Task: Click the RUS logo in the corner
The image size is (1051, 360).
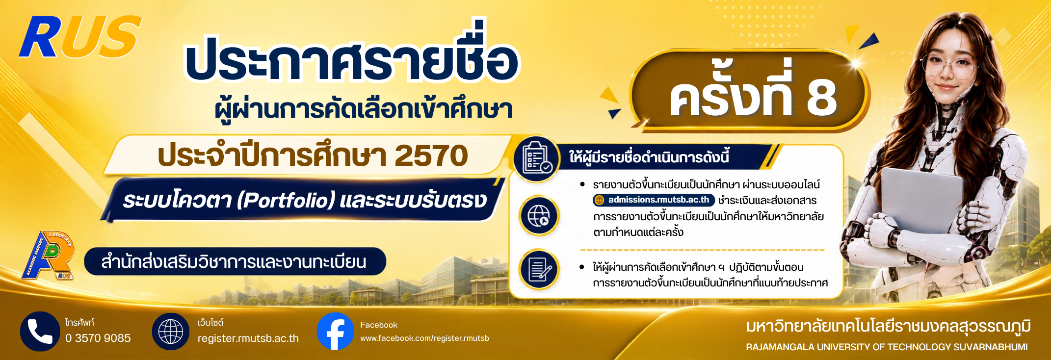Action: (80, 37)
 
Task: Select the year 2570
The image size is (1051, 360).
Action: (431, 155)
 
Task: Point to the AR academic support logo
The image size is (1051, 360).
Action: (48, 255)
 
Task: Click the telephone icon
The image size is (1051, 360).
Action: (40, 332)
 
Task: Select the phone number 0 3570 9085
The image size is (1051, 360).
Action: (98, 338)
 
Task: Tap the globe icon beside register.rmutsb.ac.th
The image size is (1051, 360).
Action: (171, 332)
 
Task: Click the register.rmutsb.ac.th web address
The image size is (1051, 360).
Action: (248, 338)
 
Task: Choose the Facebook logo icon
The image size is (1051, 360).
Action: (336, 332)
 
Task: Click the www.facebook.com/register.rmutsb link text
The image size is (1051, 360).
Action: (424, 338)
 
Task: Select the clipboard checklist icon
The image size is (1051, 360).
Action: (537, 158)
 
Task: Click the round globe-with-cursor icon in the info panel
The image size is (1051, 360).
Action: (539, 215)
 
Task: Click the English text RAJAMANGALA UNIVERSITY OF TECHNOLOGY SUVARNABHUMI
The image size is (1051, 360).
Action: (887, 347)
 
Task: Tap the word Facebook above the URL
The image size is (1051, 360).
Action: (379, 325)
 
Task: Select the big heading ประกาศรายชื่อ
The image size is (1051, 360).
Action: (351, 58)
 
